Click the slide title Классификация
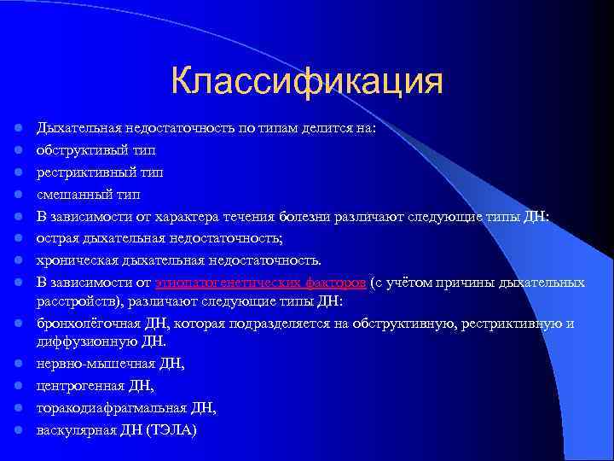(x=306, y=83)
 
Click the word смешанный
(x=67, y=194)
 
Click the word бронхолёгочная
(x=80, y=324)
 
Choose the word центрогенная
(x=72, y=386)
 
